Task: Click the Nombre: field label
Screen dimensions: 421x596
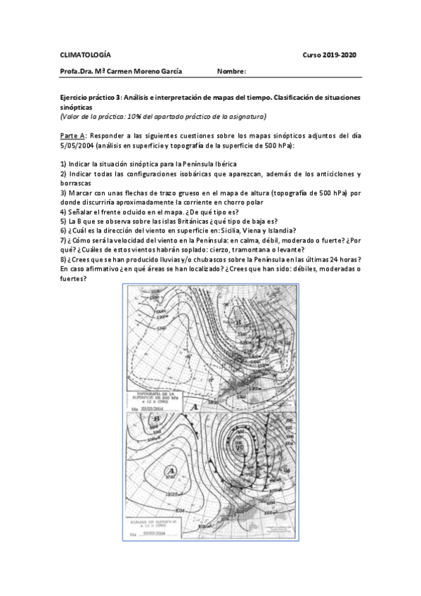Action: (x=232, y=72)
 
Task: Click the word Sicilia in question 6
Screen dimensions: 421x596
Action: (x=221, y=230)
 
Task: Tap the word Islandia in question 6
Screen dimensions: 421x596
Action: (x=278, y=230)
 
